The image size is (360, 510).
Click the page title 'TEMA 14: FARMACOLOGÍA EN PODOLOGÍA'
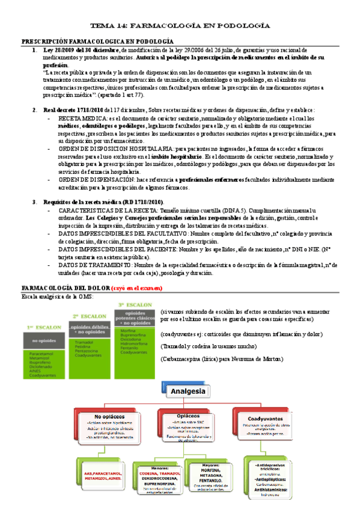pyautogui.click(x=180, y=26)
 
